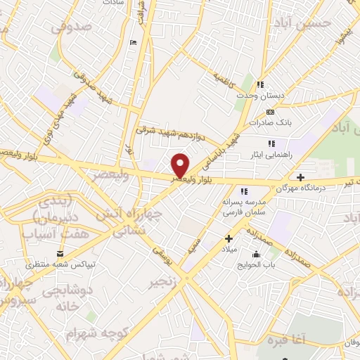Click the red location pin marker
(x=181, y=165)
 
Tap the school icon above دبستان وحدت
(x=261, y=85)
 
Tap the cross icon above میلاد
(x=229, y=238)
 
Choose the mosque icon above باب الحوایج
(x=256, y=254)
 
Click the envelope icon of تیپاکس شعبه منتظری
(x=59, y=254)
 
